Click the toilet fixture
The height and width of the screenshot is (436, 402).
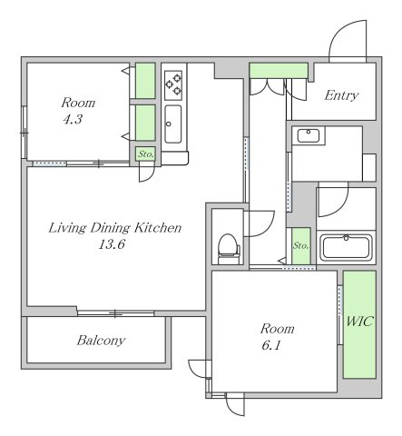pos(229,249)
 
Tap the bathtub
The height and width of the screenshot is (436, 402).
pos(346,247)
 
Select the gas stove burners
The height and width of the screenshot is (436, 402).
pos(173,85)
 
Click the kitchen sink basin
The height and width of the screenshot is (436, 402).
pos(173,124)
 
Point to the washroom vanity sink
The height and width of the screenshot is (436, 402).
pos(309,135)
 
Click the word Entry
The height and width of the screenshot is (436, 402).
pos(341,95)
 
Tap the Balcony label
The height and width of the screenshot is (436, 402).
pos(101,341)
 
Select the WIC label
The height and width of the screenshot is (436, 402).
pos(359,322)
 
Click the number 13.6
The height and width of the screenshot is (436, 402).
pos(112,243)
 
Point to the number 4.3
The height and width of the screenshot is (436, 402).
pos(73,119)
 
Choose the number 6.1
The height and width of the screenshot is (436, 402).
pos(271,345)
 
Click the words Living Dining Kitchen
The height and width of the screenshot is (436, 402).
pos(115,228)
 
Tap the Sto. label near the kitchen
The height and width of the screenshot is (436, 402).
pos(146,154)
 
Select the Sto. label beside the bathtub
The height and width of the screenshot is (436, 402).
pos(300,245)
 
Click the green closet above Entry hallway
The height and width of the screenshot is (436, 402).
pos(279,70)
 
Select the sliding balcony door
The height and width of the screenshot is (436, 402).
pos(116,313)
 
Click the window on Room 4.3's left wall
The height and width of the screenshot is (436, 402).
pos(25,133)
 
